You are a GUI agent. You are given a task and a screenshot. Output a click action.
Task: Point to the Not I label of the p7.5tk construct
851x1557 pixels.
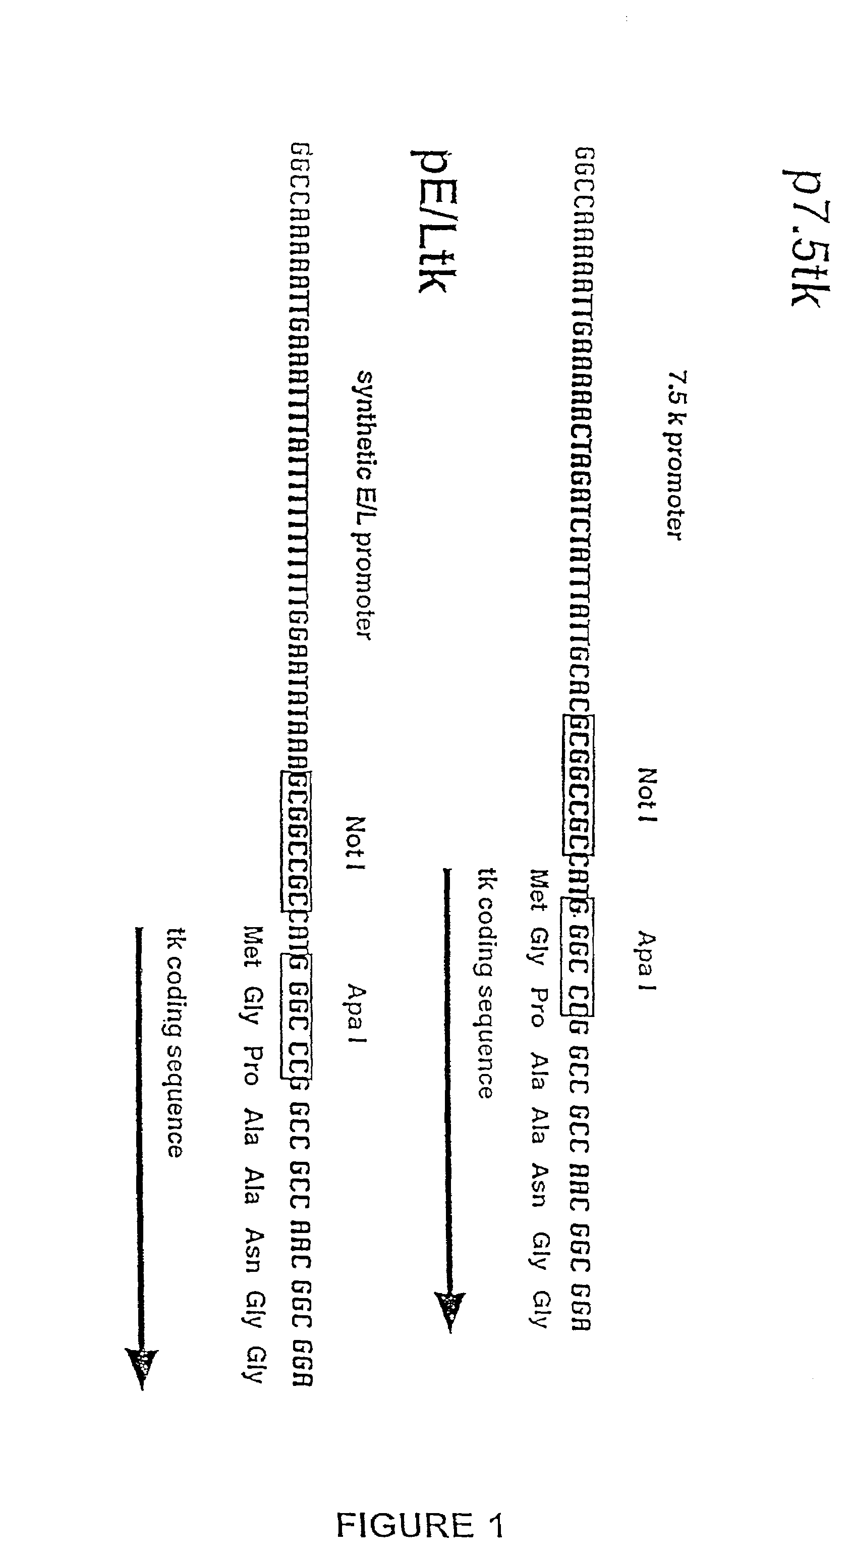[648, 795]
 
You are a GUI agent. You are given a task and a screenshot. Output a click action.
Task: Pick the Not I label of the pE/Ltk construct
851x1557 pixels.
[356, 843]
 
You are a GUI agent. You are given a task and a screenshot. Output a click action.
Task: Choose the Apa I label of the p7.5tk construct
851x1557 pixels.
[646, 961]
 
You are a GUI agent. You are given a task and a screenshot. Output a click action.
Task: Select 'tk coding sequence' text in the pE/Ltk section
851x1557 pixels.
[175, 1042]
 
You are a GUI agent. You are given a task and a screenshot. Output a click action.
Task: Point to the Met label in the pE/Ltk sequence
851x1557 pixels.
[252, 946]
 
